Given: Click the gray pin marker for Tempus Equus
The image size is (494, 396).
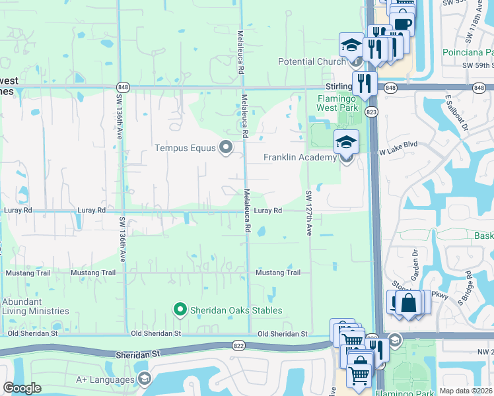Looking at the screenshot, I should pyautogui.click(x=226, y=147).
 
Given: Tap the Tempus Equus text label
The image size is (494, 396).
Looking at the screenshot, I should pyautogui.click(x=186, y=147).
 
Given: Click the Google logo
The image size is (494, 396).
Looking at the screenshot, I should pyautogui.click(x=22, y=388).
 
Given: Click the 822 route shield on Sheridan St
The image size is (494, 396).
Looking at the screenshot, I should pyautogui.click(x=239, y=345).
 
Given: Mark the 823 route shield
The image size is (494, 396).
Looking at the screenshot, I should pyautogui.click(x=372, y=113).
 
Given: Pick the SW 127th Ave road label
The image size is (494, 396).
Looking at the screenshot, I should pyautogui.click(x=308, y=214).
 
